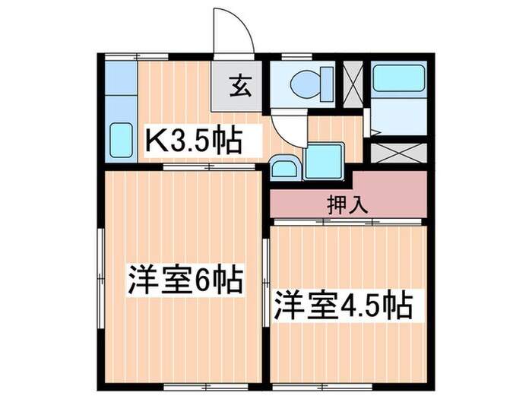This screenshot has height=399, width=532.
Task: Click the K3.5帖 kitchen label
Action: click(x=194, y=140)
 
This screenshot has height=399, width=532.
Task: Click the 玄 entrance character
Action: click(x=237, y=86)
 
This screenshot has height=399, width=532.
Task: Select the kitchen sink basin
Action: click(x=122, y=140)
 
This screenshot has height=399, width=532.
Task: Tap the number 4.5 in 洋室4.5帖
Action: click(x=366, y=305)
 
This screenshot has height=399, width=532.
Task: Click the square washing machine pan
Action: click(x=322, y=160)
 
